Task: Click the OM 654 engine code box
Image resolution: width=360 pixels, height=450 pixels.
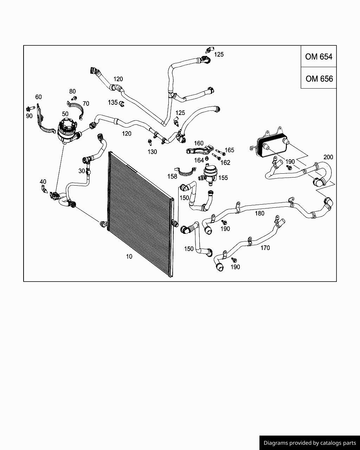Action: (x=319, y=57)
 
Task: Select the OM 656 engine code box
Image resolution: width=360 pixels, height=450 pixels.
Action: (x=319, y=78)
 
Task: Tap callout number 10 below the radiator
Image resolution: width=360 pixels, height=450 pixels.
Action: (x=129, y=257)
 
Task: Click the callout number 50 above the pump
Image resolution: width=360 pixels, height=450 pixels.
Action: (x=65, y=114)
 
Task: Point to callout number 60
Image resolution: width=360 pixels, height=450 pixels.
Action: (x=38, y=97)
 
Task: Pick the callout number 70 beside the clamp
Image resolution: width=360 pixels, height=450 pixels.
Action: (x=86, y=104)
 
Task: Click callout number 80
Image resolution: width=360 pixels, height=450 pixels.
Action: (x=72, y=91)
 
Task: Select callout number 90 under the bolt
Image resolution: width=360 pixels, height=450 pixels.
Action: (x=29, y=116)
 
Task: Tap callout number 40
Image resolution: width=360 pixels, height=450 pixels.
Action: (x=43, y=182)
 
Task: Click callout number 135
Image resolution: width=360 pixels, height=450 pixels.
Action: (x=112, y=102)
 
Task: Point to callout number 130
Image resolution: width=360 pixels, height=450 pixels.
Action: (x=152, y=152)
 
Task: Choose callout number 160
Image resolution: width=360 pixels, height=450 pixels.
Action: (x=199, y=143)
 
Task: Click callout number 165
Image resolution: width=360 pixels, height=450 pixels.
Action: (x=229, y=150)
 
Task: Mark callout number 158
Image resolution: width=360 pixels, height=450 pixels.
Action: (x=172, y=176)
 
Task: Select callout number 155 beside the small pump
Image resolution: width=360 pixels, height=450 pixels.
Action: (x=223, y=178)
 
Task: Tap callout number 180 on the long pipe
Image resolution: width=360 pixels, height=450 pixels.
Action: (x=259, y=213)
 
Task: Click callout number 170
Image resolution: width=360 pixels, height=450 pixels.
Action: (x=265, y=248)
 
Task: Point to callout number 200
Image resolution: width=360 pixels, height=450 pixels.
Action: (x=328, y=157)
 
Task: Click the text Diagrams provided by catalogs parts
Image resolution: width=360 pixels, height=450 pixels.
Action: (x=309, y=443)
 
